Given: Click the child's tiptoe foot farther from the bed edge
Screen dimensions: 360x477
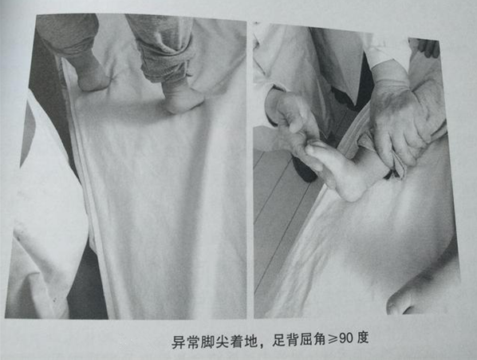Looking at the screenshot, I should tap(183, 97).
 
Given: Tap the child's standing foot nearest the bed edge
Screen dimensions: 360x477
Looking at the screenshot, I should tap(93, 77).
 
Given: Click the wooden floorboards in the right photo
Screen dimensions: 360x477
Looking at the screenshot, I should tap(275, 216).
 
